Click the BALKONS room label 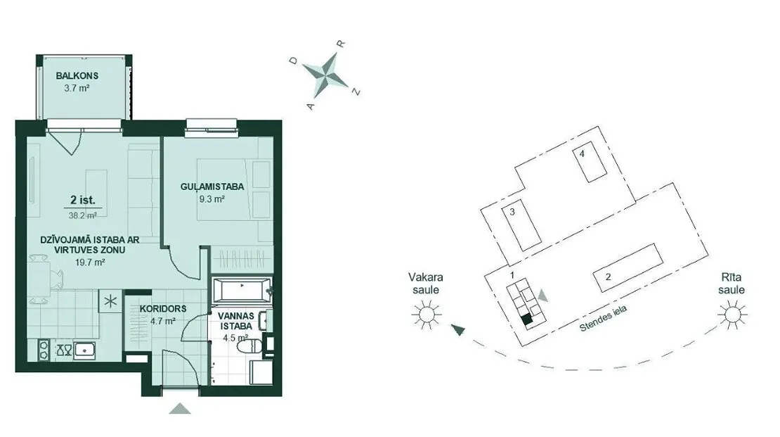pyautogui.click(x=77, y=76)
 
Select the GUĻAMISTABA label pyautogui.click(x=212, y=187)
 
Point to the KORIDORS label pyautogui.click(x=162, y=309)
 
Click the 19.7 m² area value pyautogui.click(x=90, y=262)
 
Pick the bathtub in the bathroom pyautogui.click(x=242, y=290)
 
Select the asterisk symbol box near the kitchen pyautogui.click(x=110, y=301)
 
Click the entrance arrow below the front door pyautogui.click(x=180, y=409)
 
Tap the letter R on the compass pyautogui.click(x=342, y=44)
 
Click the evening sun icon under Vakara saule pyautogui.click(x=427, y=315)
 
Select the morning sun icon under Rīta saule pyautogui.click(x=732, y=315)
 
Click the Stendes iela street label pyautogui.click(x=604, y=318)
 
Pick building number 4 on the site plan pyautogui.click(x=590, y=165)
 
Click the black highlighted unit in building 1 pyautogui.click(x=526, y=320)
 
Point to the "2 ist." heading pyautogui.click(x=83, y=201)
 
